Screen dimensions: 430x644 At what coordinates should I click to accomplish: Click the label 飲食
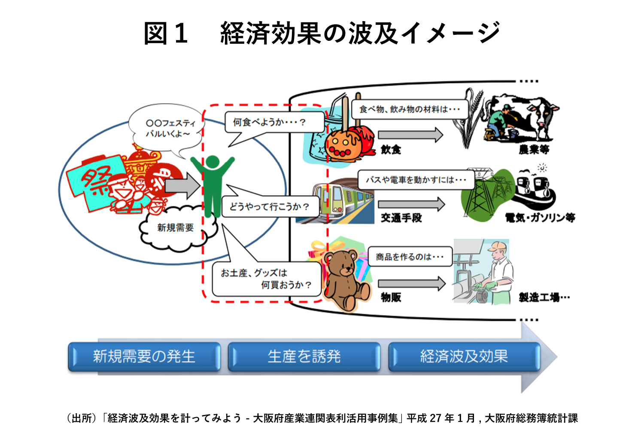pos(391,150)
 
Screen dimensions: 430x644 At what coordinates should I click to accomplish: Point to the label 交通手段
pos(401,218)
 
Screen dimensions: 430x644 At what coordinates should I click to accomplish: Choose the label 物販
pos(391,297)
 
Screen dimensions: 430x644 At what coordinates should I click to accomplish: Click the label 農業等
pos(534,150)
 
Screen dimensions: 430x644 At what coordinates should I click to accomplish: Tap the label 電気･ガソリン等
pos(540,218)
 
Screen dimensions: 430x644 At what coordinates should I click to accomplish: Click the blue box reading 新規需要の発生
pos(144,356)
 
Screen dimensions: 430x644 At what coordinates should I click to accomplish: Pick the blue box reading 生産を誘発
pos(304,356)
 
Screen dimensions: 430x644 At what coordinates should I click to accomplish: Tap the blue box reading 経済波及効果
pos(464,356)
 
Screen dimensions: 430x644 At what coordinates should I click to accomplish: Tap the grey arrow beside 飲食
pos(410,135)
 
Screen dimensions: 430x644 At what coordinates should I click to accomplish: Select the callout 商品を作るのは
pos(410,257)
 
